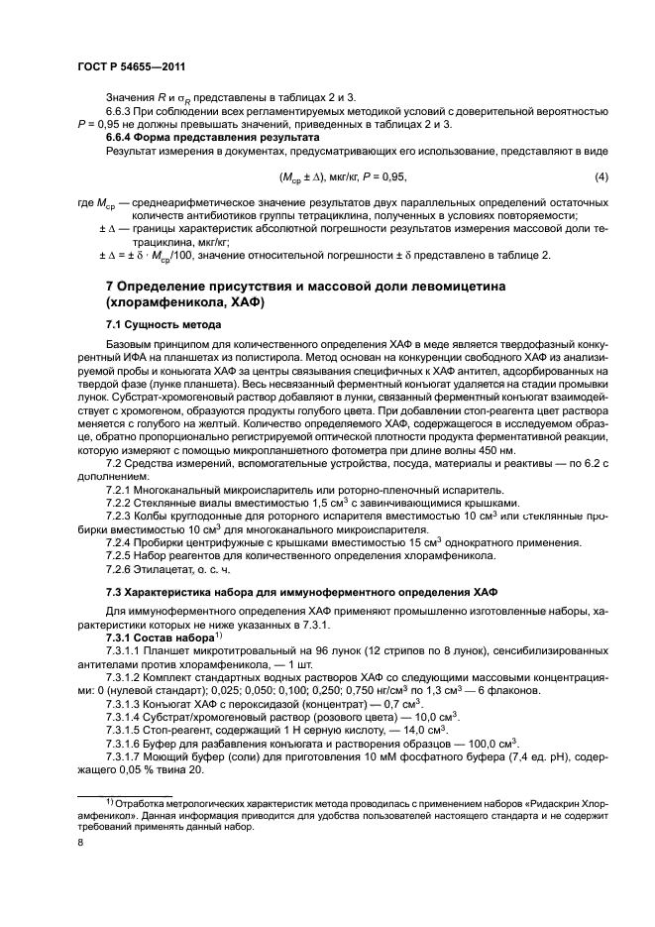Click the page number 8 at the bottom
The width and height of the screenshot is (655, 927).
tap(80, 844)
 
